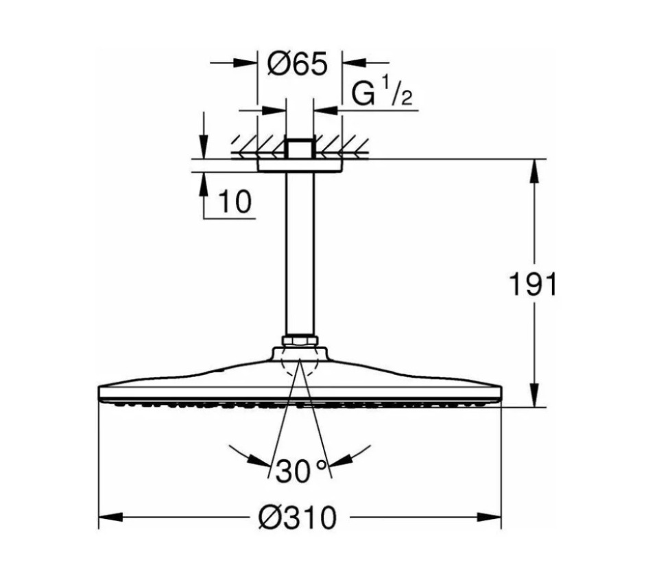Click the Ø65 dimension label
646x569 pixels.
click(298, 65)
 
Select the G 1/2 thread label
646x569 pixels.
click(381, 95)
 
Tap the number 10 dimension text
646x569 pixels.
click(235, 202)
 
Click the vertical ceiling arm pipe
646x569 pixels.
click(299, 254)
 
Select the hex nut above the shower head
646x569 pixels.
click(299, 341)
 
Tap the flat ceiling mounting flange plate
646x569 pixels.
click(299, 165)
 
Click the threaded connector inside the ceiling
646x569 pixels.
click(299, 148)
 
